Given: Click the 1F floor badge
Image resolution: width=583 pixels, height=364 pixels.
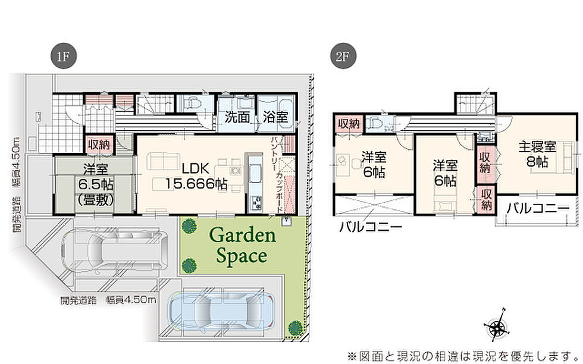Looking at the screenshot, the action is tap(63, 57).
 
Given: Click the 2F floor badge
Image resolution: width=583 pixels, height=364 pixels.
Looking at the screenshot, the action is tap(343, 57).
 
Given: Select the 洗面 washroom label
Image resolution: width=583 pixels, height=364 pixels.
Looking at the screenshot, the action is tap(237, 117).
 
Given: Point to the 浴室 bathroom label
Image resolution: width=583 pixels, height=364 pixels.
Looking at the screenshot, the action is tap(275, 117).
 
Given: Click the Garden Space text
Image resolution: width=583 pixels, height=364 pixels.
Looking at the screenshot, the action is tap(243, 246).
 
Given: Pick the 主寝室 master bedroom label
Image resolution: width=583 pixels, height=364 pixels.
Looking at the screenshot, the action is tap(537, 147).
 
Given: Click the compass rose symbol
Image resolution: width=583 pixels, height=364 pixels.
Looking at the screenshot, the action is tap(496, 326).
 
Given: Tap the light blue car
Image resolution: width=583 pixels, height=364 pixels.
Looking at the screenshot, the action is tap(221, 310).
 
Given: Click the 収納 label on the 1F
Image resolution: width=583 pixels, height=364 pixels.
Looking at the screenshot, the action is tap(99, 145).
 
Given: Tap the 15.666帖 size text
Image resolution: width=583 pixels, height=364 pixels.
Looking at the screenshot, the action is tap(196, 184).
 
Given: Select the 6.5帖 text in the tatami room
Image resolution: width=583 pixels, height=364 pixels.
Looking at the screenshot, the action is tap(96, 184).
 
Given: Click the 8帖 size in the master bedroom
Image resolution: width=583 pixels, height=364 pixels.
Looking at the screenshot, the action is tap(537, 162).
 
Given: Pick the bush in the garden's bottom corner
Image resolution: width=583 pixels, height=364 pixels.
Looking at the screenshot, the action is tap(296, 328).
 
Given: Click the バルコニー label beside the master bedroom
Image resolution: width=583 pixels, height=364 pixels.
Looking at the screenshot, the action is tap(538, 209).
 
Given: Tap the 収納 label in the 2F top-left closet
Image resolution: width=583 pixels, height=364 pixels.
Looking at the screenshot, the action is tap(349, 124).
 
